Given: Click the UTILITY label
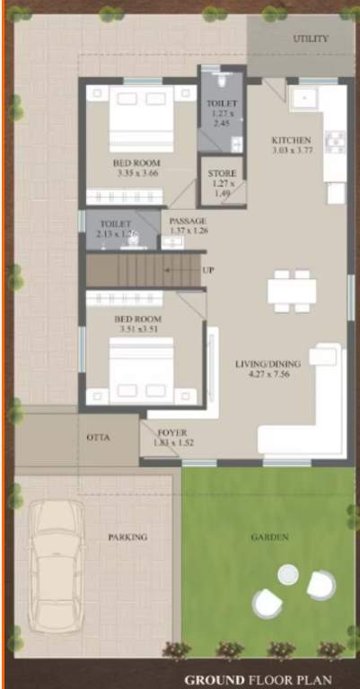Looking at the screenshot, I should pos(311,39).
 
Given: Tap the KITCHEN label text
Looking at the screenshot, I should pos(291,141).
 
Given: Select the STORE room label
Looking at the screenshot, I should pos(222,173).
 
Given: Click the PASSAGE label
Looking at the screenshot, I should pos(188,221).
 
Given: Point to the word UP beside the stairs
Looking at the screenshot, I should pos(208,270).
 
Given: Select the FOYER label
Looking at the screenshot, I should pos(173,432).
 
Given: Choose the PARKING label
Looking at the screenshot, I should pos(127,537).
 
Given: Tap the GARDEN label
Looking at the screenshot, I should pos(270,537).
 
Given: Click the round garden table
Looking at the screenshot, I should pos(288,574).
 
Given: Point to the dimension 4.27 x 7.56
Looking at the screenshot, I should pos(261,376).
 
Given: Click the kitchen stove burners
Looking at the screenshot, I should pos(335,142).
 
